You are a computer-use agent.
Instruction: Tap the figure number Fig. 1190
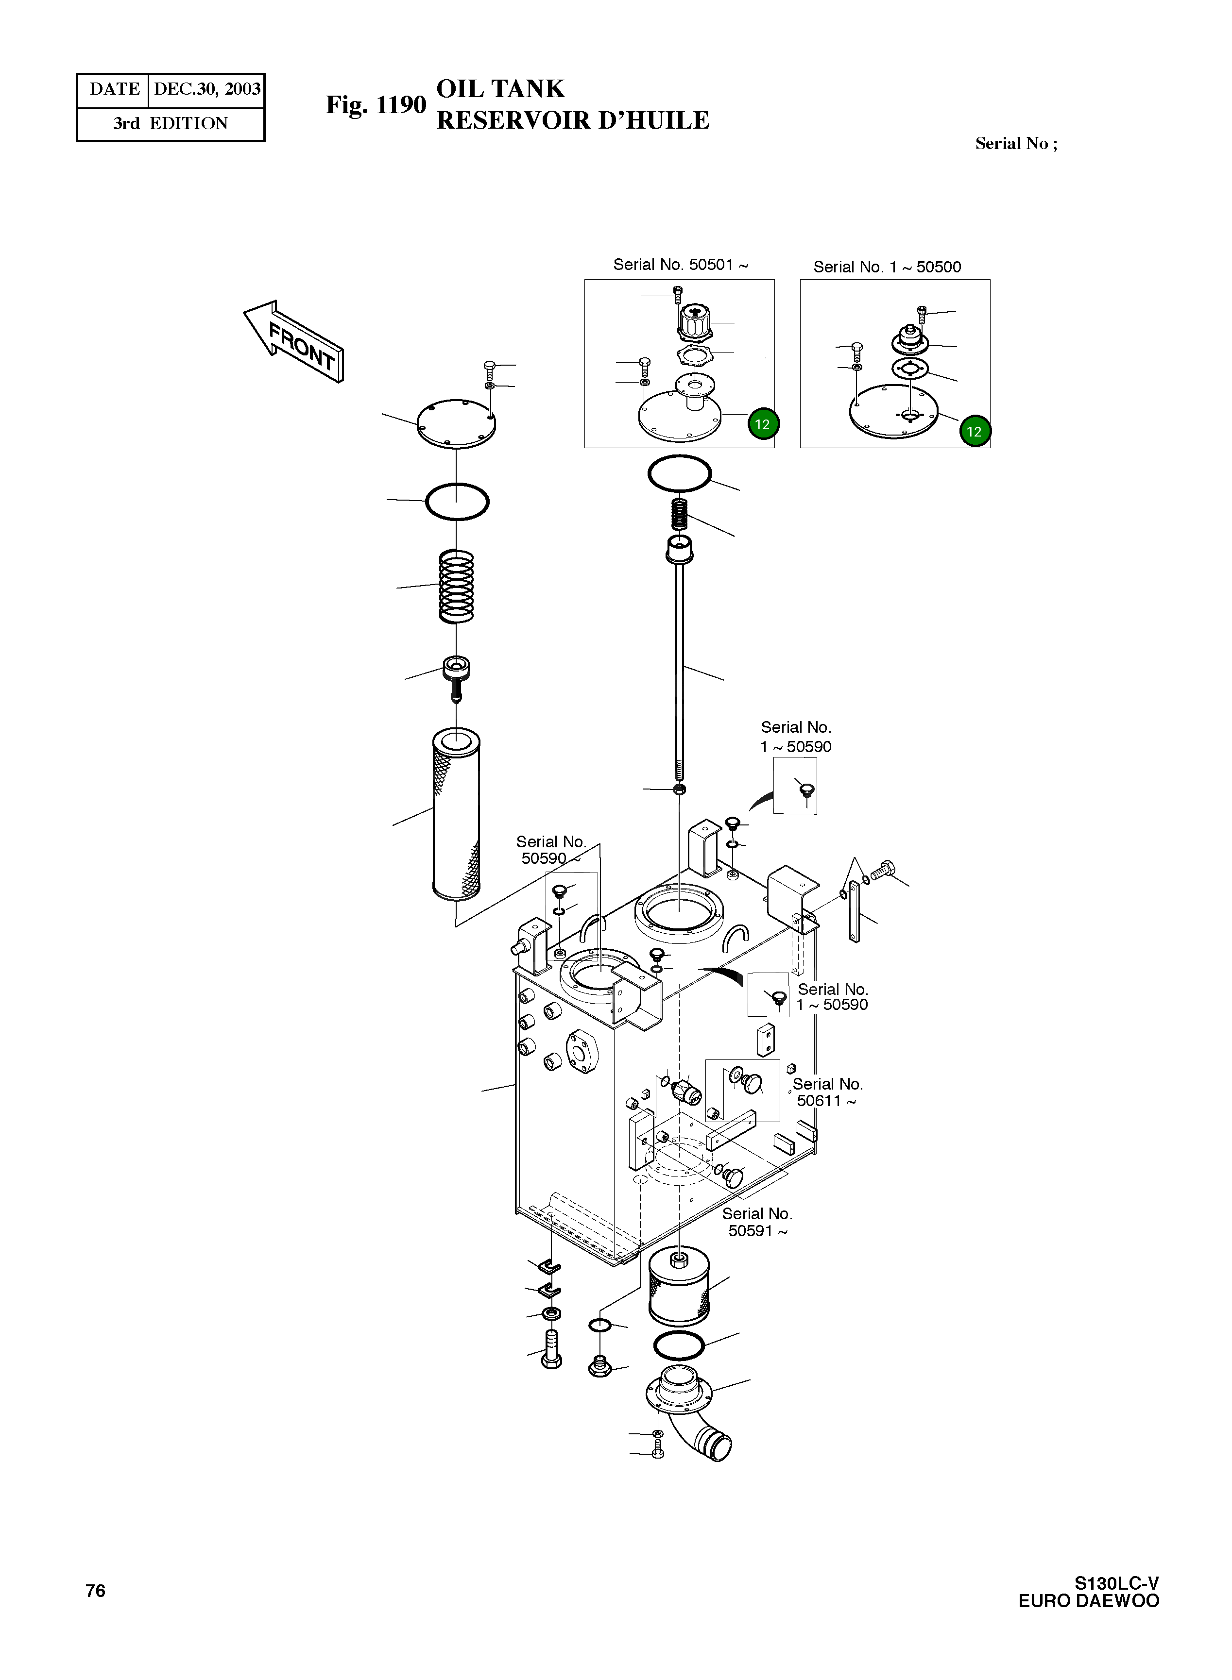[375, 105]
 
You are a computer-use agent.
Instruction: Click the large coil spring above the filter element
[456, 587]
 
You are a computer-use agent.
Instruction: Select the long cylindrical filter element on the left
[456, 814]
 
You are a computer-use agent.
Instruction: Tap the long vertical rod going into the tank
[679, 671]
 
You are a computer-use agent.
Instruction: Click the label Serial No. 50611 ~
[826, 1092]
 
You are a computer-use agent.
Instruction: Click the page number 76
[95, 1591]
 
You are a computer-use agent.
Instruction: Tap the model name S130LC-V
[1116, 1583]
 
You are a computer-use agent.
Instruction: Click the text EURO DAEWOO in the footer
[1088, 1601]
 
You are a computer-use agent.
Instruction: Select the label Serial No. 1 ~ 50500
[887, 267]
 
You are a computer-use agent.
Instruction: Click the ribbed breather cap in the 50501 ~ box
[694, 322]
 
